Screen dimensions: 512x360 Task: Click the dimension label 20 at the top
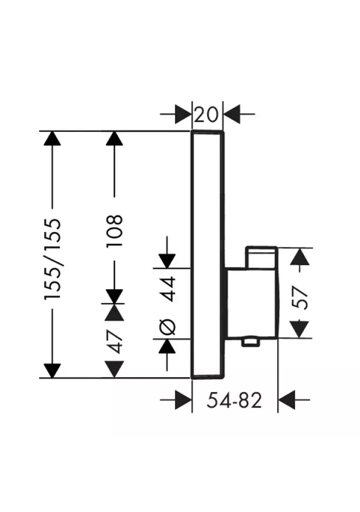tap(206, 114)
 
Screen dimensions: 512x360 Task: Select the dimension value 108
tap(114, 231)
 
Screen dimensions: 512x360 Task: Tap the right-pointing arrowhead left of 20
tap(183, 114)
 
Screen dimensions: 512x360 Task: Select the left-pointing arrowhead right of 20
tap(231, 114)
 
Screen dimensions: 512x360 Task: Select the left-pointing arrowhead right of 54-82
tap(286, 399)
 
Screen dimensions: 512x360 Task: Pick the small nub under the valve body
tap(250, 342)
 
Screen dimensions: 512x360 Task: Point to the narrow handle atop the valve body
tap(261, 258)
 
